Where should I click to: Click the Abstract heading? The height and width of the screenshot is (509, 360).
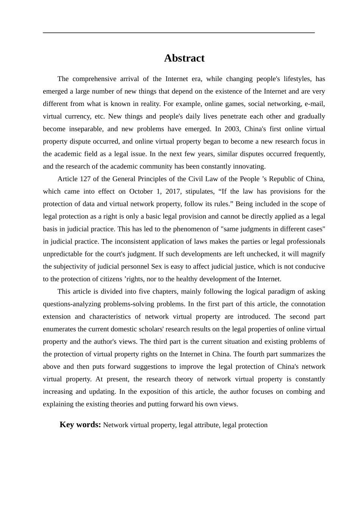click(184, 58)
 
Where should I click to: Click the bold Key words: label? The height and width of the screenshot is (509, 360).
click(80, 425)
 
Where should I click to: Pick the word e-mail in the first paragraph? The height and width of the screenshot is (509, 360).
click(315, 104)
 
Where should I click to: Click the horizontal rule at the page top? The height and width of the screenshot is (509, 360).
click(179, 33)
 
